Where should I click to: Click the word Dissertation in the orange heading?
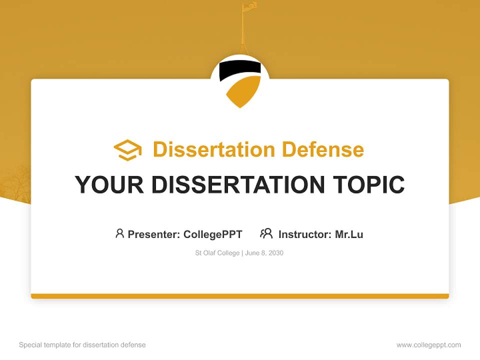[213, 149]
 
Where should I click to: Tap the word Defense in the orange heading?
[322, 149]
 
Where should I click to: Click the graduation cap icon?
[127, 150]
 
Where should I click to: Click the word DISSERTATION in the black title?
[238, 184]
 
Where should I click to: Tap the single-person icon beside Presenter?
[119, 233]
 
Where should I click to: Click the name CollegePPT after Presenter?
[213, 234]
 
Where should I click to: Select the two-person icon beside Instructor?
[266, 233]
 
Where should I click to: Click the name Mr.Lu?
[349, 234]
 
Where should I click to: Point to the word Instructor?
[305, 234]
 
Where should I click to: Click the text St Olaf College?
[217, 253]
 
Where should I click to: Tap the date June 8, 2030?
[264, 253]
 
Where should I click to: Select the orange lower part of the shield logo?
[243, 91]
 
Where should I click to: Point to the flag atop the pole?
[250, 6]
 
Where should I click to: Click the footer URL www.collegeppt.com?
[428, 345]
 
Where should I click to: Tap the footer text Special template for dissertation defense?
[82, 345]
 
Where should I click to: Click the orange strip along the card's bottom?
[240, 296]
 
